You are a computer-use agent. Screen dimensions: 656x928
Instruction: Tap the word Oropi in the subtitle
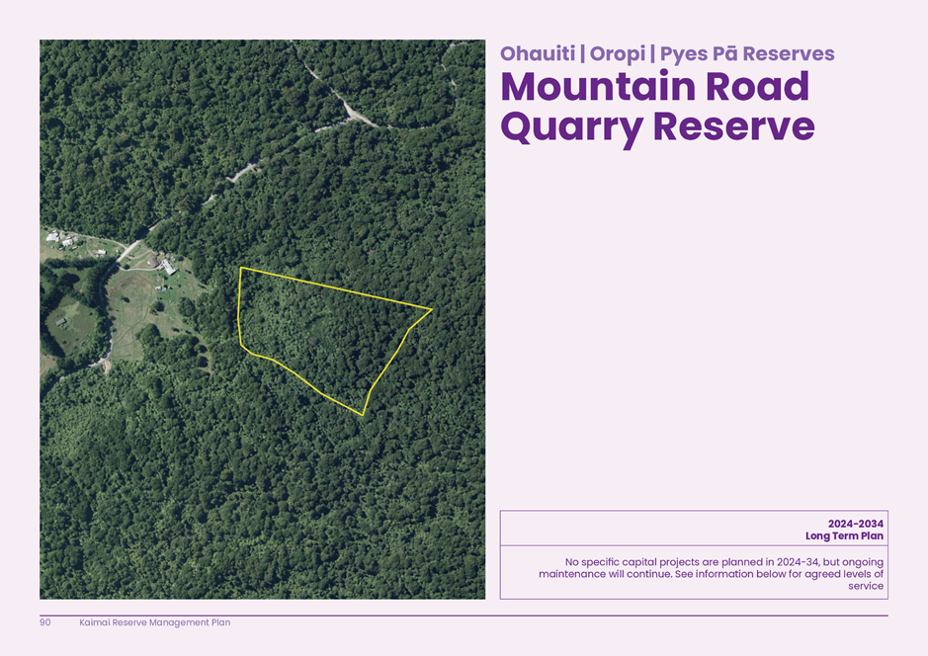(x=617, y=53)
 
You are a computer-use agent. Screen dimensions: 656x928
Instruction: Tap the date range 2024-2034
(x=856, y=524)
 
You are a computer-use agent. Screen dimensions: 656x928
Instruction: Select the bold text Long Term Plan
(x=844, y=536)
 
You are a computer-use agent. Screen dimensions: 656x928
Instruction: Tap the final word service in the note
(x=866, y=586)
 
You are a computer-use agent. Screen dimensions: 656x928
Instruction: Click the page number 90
(x=45, y=622)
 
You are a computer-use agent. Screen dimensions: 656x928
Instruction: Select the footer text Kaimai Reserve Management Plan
(x=154, y=622)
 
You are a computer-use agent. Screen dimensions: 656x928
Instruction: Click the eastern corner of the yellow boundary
(x=432, y=309)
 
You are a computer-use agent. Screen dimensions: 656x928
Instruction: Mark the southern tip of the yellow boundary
(x=363, y=414)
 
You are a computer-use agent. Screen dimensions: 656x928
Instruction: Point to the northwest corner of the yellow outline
(x=240, y=267)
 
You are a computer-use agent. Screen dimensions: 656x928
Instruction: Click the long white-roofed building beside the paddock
(x=169, y=266)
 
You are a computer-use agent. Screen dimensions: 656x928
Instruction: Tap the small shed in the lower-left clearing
(x=61, y=322)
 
